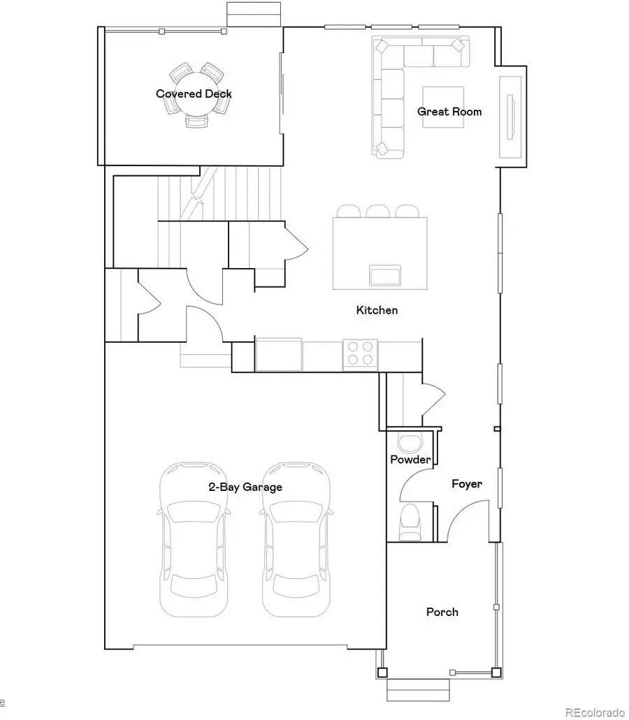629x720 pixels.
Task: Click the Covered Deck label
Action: pyautogui.click(x=194, y=94)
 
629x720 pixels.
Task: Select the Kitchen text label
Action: pyautogui.click(x=377, y=310)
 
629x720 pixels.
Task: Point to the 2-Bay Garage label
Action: pyautogui.click(x=245, y=487)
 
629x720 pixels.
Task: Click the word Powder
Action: pyautogui.click(x=410, y=460)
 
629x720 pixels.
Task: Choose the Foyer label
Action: pyautogui.click(x=467, y=483)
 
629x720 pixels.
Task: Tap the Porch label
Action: pyautogui.click(x=442, y=612)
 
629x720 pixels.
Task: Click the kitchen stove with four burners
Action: pyautogui.click(x=360, y=354)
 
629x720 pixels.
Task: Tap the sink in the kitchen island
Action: pyautogui.click(x=386, y=275)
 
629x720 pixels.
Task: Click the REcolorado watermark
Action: pyautogui.click(x=594, y=712)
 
